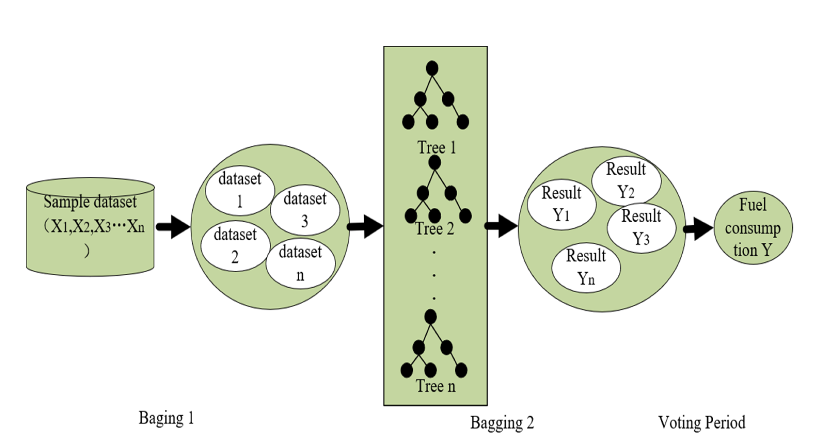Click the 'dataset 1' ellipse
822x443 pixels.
(240, 191)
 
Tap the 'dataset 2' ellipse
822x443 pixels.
(235, 246)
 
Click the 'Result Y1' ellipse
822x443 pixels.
(561, 204)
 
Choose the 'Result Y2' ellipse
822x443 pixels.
(626, 180)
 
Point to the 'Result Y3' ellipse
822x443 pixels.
(641, 228)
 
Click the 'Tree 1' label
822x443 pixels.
(437, 148)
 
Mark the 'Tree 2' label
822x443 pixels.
(435, 229)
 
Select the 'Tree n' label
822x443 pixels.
(436, 386)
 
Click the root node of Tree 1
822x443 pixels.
(432, 68)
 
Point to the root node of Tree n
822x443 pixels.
(430, 316)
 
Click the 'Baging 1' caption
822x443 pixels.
(166, 418)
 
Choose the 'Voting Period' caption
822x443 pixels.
(702, 422)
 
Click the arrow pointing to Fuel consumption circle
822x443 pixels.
(699, 228)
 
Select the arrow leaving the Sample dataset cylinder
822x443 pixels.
(173, 227)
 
